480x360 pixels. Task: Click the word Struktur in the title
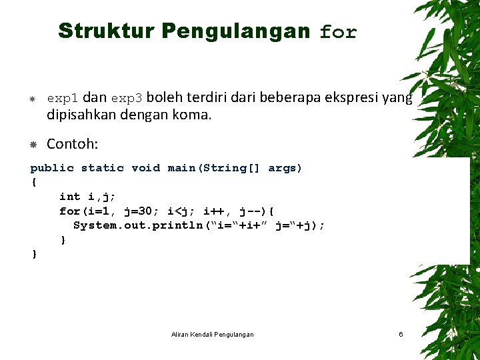tap(107, 31)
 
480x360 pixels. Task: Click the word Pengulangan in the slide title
tap(236, 31)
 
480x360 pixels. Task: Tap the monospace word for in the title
tap(339, 32)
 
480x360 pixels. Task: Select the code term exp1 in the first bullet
tap(63, 99)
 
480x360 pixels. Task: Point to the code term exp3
tap(127, 99)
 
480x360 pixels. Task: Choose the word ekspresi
tap(351, 97)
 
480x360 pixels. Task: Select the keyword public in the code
tap(52, 168)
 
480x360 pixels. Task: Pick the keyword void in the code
tap(145, 168)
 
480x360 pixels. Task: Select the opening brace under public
tap(33, 182)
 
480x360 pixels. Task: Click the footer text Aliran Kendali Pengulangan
tap(212, 334)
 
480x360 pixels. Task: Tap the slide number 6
tap(401, 334)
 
